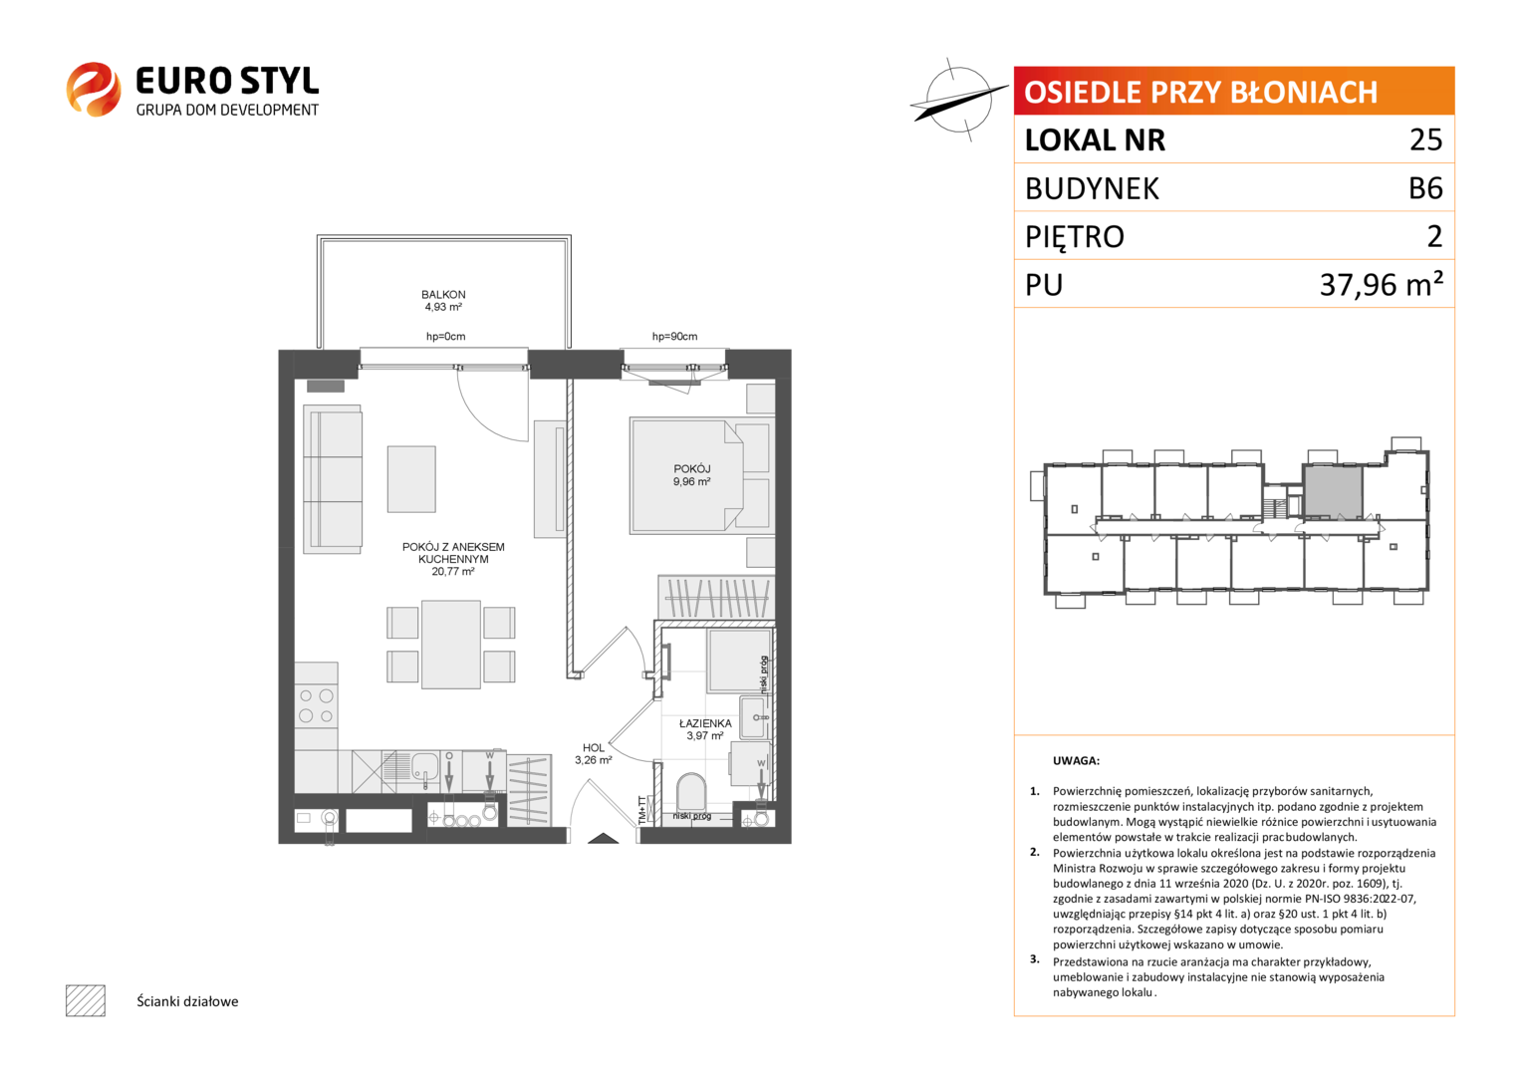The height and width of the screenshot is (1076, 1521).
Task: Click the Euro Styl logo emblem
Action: click(x=94, y=89)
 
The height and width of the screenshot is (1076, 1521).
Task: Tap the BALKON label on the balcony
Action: click(x=443, y=294)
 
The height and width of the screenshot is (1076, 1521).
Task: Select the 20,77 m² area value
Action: click(x=453, y=572)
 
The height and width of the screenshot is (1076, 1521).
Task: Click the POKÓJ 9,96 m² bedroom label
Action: click(x=692, y=475)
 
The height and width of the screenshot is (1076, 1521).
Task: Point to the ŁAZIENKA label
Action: click(x=705, y=723)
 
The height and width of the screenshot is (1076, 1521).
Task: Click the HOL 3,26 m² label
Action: click(x=594, y=754)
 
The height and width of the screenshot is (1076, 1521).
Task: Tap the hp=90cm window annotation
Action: click(x=674, y=337)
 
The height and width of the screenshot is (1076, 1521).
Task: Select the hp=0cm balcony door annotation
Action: click(x=445, y=337)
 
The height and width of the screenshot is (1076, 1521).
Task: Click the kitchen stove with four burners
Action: click(x=316, y=705)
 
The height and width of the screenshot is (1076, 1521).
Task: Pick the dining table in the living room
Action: click(x=451, y=644)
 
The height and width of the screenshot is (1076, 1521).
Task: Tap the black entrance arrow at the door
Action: click(x=603, y=838)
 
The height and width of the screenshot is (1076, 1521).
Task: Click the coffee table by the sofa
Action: click(x=411, y=479)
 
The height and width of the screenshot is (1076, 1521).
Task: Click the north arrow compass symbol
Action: click(x=959, y=100)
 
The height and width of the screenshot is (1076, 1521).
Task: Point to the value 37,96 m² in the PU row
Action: click(x=1381, y=284)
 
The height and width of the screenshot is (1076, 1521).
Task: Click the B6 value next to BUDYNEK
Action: click(x=1425, y=188)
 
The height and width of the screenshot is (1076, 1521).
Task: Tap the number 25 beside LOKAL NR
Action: click(x=1426, y=139)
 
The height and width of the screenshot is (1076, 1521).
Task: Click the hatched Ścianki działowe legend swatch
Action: click(x=86, y=1000)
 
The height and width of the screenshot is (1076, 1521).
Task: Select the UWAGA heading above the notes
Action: click(x=1076, y=761)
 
